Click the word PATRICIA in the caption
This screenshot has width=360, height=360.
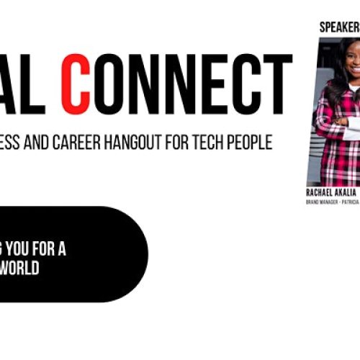[352, 202]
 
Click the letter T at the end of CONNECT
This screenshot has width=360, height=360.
[276, 86]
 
